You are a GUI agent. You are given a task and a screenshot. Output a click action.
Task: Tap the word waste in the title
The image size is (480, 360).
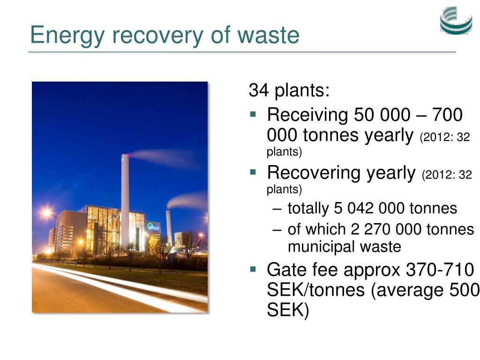click(269, 35)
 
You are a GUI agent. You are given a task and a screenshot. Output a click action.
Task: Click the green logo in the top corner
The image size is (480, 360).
click(456, 20)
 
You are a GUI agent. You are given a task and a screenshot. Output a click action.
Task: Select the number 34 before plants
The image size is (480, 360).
click(259, 90)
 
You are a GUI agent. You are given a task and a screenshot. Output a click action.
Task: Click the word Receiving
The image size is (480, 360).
click(307, 115)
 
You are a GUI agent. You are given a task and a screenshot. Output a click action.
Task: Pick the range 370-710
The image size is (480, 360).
click(440, 270)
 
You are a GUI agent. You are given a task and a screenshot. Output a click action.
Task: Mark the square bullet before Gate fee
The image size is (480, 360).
click(253, 269)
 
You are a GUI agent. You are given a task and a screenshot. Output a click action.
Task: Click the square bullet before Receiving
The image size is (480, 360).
click(253, 114)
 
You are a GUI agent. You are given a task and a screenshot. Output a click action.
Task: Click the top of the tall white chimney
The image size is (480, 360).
click(125, 156)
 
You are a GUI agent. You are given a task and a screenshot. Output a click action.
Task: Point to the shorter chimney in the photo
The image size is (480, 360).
click(168, 227)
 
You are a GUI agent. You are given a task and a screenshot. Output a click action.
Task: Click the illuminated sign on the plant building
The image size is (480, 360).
click(153, 227)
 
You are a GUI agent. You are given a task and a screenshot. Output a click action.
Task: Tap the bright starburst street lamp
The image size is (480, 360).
click(47, 212)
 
